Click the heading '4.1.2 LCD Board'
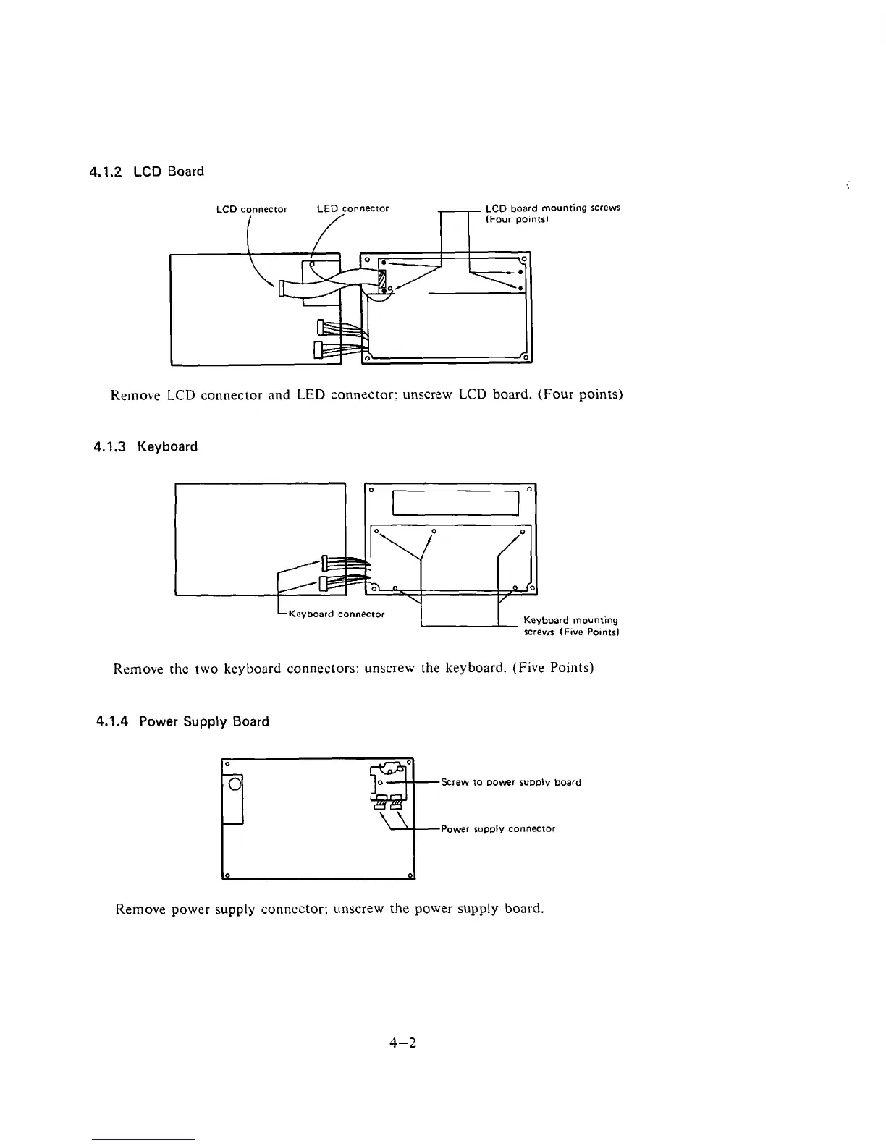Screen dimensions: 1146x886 coord(146,171)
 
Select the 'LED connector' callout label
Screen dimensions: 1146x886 coord(353,208)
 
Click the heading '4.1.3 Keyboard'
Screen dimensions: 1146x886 coord(145,446)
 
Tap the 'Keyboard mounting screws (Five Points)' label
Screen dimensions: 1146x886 coord(570,626)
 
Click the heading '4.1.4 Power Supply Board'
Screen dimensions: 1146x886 coord(182,721)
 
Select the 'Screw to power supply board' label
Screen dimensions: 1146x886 coord(510,782)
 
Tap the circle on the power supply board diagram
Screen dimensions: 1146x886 coord(234,785)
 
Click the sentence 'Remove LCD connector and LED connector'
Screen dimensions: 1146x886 coord(366,395)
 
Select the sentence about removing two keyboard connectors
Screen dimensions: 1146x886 coord(353,668)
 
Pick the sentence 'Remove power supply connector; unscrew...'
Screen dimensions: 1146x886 coord(329,909)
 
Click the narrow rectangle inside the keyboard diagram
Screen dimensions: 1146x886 coord(455,502)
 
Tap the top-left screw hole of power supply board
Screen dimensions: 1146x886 coord(226,763)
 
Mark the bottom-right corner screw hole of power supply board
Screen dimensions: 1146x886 coord(410,876)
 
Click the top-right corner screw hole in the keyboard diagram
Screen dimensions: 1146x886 coord(530,490)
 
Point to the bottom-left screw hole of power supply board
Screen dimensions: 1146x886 coord(227,875)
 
